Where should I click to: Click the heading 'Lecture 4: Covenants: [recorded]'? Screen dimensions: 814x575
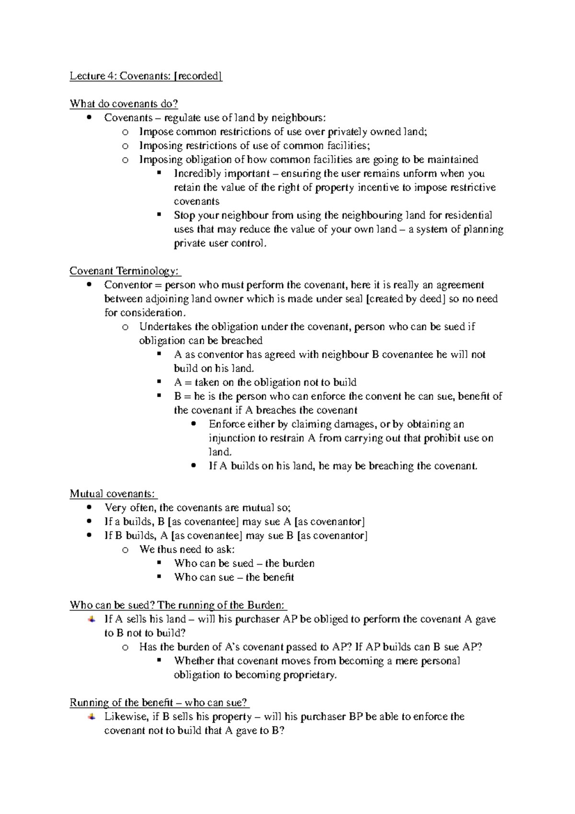(146, 76)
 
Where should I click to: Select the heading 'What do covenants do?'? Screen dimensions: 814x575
(124, 104)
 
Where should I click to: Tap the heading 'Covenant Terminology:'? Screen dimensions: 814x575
(125, 271)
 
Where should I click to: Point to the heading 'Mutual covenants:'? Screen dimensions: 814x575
(113, 494)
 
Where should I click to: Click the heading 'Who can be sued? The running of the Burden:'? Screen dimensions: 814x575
(178, 605)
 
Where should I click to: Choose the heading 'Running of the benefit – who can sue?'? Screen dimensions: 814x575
(159, 703)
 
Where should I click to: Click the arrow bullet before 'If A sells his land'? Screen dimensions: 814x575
(91, 619)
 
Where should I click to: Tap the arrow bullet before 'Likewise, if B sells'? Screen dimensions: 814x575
(91, 717)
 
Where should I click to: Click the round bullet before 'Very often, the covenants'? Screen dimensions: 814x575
(89, 508)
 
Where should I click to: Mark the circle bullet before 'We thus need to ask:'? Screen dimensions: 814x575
(125, 550)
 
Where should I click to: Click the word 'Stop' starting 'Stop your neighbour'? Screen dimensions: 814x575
(184, 215)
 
